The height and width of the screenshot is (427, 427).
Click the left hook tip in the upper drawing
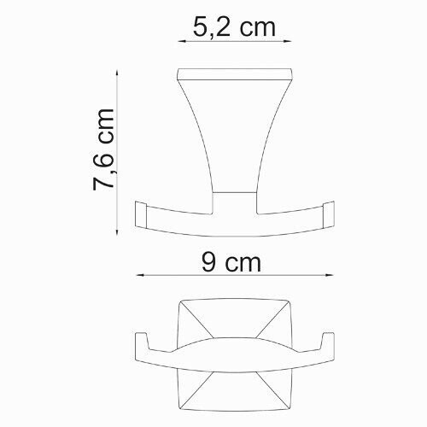pyautogui.click(x=141, y=211)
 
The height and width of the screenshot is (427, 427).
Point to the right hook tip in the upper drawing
pyautogui.click(x=330, y=211)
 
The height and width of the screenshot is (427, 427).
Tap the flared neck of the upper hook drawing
pyautogui.click(x=235, y=137)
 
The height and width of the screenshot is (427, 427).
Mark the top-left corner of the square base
pyautogui.click(x=181, y=301)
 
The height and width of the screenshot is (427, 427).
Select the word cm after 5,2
pyautogui.click(x=256, y=26)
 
